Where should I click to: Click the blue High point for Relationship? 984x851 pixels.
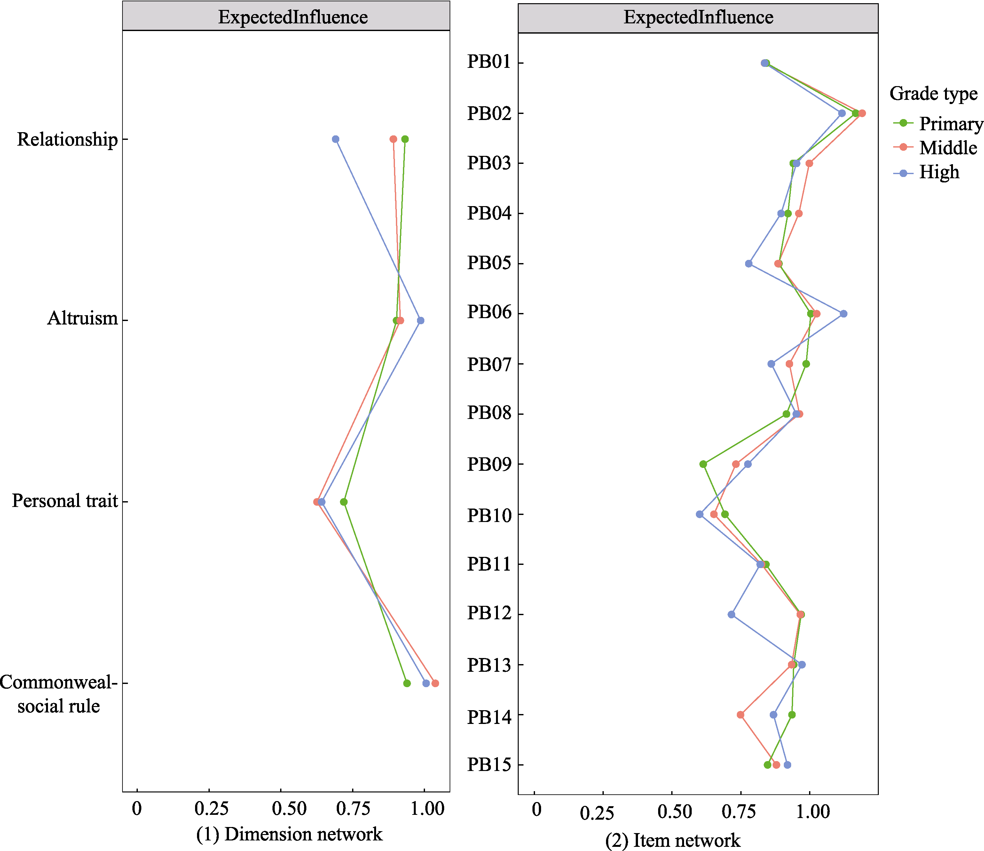tap(335, 139)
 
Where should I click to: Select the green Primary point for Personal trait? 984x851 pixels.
tap(344, 502)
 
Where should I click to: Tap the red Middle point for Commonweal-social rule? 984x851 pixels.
tap(435, 683)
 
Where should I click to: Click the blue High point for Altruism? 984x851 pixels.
tap(420, 321)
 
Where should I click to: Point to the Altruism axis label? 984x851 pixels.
tap(82, 318)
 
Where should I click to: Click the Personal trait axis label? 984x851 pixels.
tap(65, 501)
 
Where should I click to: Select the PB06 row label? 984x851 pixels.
tap(489, 312)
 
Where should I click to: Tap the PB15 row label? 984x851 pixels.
tap(489, 765)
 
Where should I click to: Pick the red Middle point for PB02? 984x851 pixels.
tap(862, 113)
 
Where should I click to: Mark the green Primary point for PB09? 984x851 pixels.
tap(703, 464)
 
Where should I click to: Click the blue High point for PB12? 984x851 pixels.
tap(731, 615)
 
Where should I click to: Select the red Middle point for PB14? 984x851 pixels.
tap(740, 715)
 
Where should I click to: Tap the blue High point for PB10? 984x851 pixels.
tap(699, 514)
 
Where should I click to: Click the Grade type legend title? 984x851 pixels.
tap(933, 93)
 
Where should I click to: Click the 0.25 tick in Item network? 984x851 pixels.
tap(597, 813)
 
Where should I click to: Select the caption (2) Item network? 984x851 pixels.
tap(673, 840)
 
